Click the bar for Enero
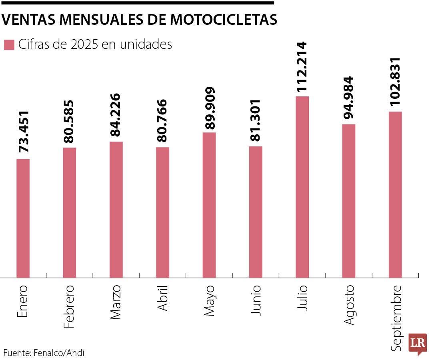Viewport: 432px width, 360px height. pyautogui.click(x=23, y=218)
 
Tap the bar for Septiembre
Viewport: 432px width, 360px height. pyautogui.click(x=395, y=194)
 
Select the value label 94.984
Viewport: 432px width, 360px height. pyautogui.click(x=348, y=97)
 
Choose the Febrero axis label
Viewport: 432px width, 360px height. pyautogui.click(x=69, y=306)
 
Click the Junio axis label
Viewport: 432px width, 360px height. pyautogui.click(x=256, y=300)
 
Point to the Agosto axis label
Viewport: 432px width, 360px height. pyautogui.click(x=349, y=304)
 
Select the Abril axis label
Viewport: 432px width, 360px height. pyautogui.click(x=162, y=298)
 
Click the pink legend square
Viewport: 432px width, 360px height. pyautogui.click(x=9, y=45)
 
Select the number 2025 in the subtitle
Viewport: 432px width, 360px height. pyautogui.click(x=85, y=44)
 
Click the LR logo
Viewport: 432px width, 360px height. pyautogui.click(x=417, y=344)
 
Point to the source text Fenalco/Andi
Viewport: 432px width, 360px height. pyautogui.click(x=59, y=353)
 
